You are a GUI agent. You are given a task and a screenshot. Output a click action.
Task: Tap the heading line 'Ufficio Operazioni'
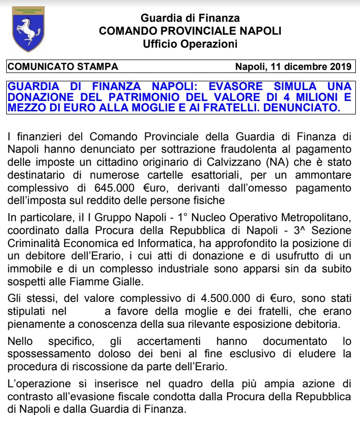pyautogui.click(x=190, y=43)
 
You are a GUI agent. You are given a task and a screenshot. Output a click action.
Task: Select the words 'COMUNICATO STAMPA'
pyautogui.click(x=63, y=67)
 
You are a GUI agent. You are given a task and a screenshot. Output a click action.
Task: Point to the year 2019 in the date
pyautogui.click(x=341, y=67)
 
